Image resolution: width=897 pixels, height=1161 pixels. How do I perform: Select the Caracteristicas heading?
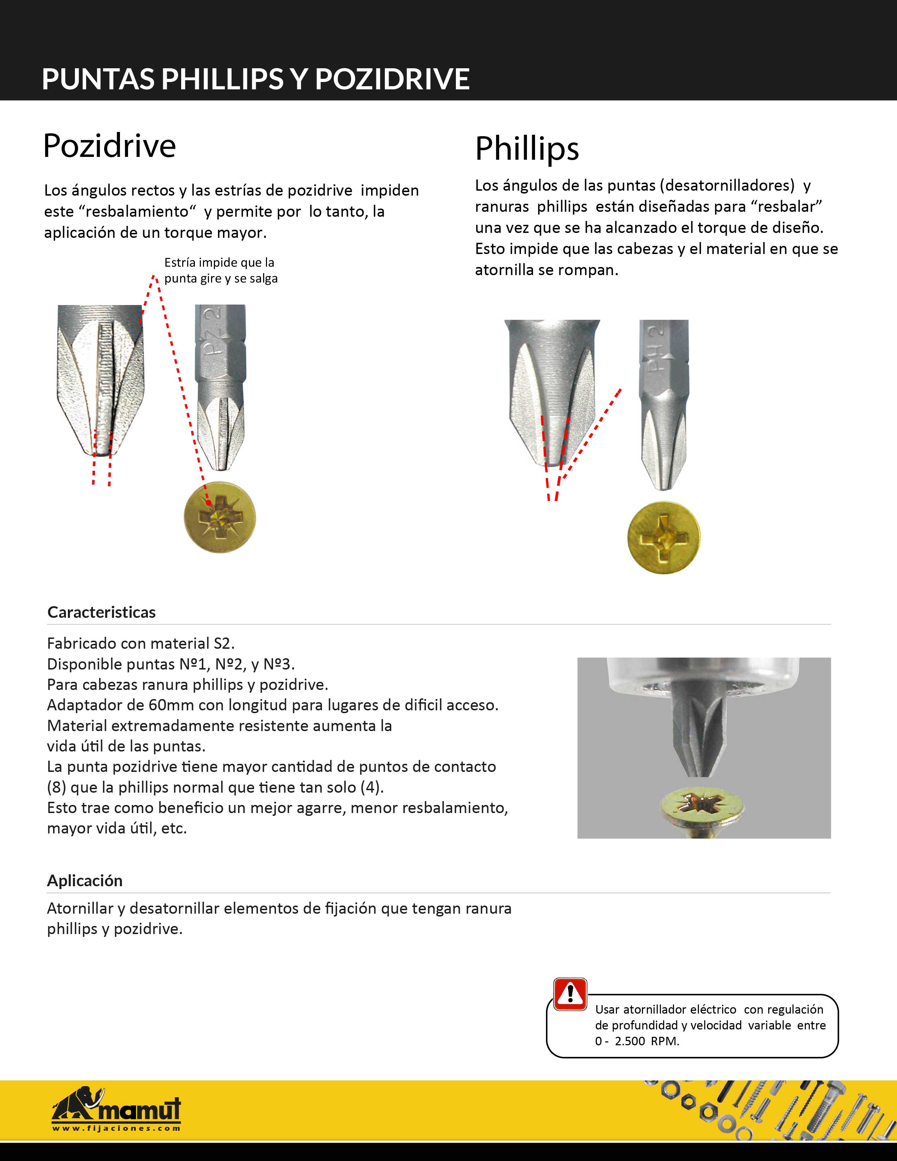[x=102, y=613]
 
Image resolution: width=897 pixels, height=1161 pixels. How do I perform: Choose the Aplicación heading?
[x=85, y=881]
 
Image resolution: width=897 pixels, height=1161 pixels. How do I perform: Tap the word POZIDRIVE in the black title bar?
[x=392, y=79]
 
